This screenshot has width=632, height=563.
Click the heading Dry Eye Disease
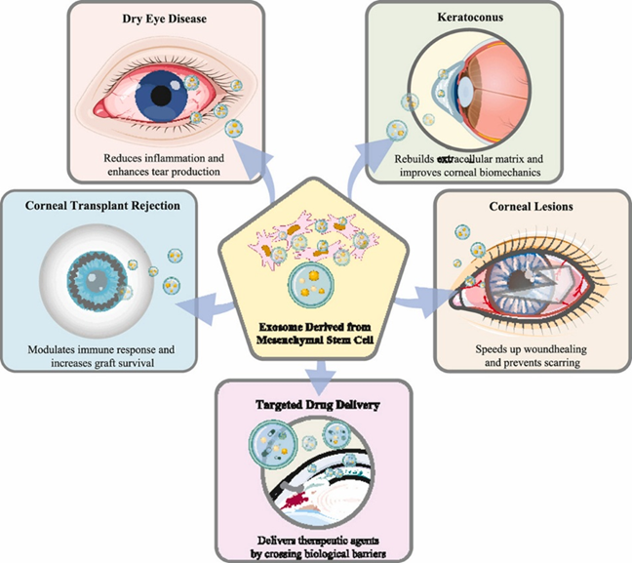154,18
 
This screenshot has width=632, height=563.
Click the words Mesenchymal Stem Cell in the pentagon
315,341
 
